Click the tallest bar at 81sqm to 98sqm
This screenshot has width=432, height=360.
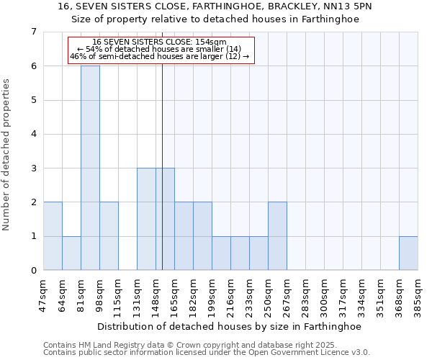[90, 168]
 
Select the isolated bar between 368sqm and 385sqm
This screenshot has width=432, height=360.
[408, 253]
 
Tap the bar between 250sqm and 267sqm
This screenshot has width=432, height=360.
[277, 236]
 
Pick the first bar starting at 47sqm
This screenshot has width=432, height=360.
[53, 236]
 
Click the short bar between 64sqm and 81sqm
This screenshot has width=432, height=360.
[71, 253]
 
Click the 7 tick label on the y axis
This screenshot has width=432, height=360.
[33, 32]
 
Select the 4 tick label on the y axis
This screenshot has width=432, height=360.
[33, 134]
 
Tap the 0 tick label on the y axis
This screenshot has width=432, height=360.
[33, 271]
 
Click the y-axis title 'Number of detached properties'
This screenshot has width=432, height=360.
[6, 155]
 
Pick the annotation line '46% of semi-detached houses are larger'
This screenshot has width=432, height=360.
[160, 56]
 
